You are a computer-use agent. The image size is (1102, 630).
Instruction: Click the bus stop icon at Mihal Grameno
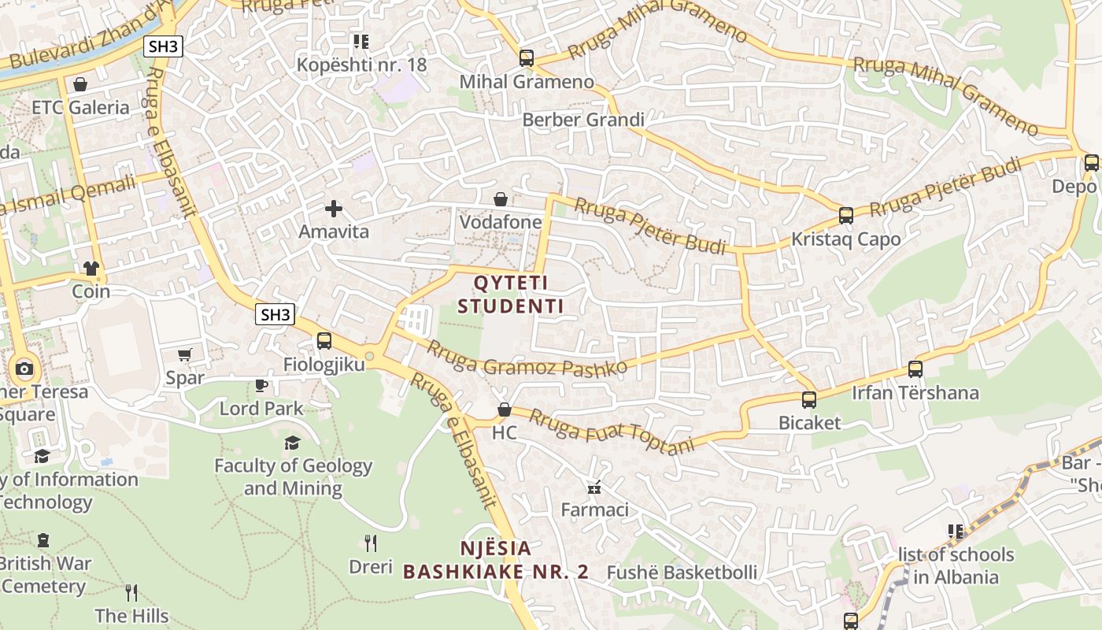click(x=527, y=58)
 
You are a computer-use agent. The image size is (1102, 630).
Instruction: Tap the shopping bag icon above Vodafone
click(x=501, y=199)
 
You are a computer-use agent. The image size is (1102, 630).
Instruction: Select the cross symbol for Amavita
click(x=334, y=209)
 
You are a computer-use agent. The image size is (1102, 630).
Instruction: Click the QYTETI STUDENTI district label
click(x=511, y=294)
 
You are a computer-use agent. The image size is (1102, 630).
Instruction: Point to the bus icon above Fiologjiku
click(x=324, y=341)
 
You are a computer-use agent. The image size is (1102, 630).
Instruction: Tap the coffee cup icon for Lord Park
click(x=261, y=385)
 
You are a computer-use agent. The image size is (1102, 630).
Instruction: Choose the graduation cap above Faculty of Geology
click(x=293, y=443)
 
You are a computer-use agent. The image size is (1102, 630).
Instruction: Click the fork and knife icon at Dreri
click(x=371, y=543)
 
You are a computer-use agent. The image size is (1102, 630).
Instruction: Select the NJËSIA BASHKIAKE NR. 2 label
click(x=495, y=560)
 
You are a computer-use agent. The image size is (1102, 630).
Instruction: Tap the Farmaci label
click(x=594, y=510)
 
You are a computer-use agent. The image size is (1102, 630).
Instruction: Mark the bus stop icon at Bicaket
click(x=809, y=400)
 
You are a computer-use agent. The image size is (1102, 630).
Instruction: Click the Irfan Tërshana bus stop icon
click(x=915, y=369)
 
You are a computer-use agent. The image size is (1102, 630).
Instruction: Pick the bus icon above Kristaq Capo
click(x=846, y=216)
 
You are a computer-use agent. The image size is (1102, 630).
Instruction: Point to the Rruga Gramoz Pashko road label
click(x=527, y=358)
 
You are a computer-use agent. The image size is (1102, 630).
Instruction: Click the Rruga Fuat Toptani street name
click(x=612, y=431)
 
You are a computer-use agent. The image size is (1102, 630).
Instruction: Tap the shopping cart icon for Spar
click(x=185, y=354)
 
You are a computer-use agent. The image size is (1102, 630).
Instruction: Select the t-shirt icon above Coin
click(x=91, y=268)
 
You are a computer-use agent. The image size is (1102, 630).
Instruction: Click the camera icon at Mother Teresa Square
click(x=24, y=369)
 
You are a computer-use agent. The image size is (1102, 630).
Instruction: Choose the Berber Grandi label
click(x=583, y=120)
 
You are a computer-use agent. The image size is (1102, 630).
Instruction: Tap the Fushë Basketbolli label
click(x=682, y=573)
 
